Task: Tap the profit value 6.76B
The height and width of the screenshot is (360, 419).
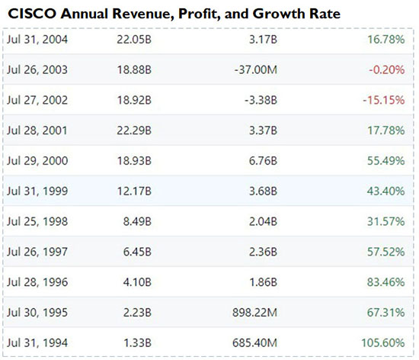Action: pos(261,161)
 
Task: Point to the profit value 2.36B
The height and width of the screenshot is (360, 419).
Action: pos(261,252)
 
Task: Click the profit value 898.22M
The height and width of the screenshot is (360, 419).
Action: pos(252,313)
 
